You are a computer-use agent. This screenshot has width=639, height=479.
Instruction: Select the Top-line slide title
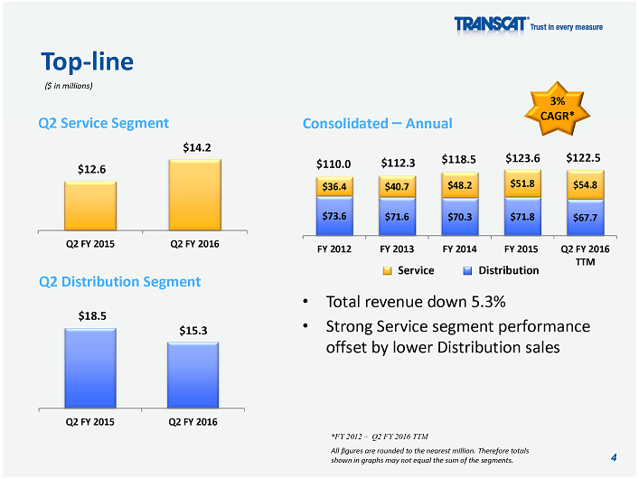88,61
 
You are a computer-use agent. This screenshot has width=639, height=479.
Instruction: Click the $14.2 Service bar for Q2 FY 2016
194,196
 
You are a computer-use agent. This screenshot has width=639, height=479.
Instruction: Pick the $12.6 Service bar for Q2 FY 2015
90,207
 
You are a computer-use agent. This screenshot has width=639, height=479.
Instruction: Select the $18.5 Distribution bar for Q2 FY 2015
90,369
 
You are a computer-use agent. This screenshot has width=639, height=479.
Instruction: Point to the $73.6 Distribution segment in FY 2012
334,216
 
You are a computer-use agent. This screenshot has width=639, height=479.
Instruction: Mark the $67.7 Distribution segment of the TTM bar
584,217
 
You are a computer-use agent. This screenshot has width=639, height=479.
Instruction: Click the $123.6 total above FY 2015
522,159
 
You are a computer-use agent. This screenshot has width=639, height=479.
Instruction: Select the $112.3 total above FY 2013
398,163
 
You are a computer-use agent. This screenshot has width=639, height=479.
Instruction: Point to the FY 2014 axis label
459,248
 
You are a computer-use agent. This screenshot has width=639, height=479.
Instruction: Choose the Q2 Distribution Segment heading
120,282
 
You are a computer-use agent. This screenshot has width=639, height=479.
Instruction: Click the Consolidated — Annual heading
377,123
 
